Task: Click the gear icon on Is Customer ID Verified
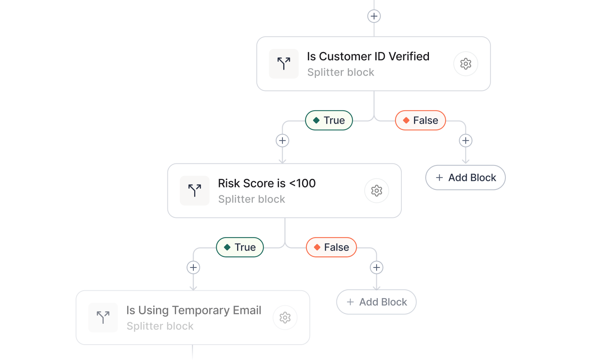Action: click(466, 64)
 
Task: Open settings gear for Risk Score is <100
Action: click(377, 191)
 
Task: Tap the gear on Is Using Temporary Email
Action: click(285, 317)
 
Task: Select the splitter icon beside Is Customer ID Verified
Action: click(284, 64)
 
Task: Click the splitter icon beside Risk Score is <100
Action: click(195, 191)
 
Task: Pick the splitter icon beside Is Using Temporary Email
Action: click(103, 317)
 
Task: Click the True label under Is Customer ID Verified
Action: click(329, 121)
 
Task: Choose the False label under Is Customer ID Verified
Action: click(420, 121)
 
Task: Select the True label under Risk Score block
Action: click(240, 247)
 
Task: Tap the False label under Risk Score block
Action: click(331, 247)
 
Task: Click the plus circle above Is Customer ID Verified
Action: click(374, 16)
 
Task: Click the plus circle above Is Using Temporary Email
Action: click(193, 268)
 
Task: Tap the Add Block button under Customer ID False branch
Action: click(466, 178)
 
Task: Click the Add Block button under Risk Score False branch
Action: click(376, 302)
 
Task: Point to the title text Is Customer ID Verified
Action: click(368, 57)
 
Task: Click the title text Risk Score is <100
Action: click(267, 184)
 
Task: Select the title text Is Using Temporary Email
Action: click(193, 310)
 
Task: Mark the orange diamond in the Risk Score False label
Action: click(317, 247)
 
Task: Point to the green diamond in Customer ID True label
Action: click(316, 121)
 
